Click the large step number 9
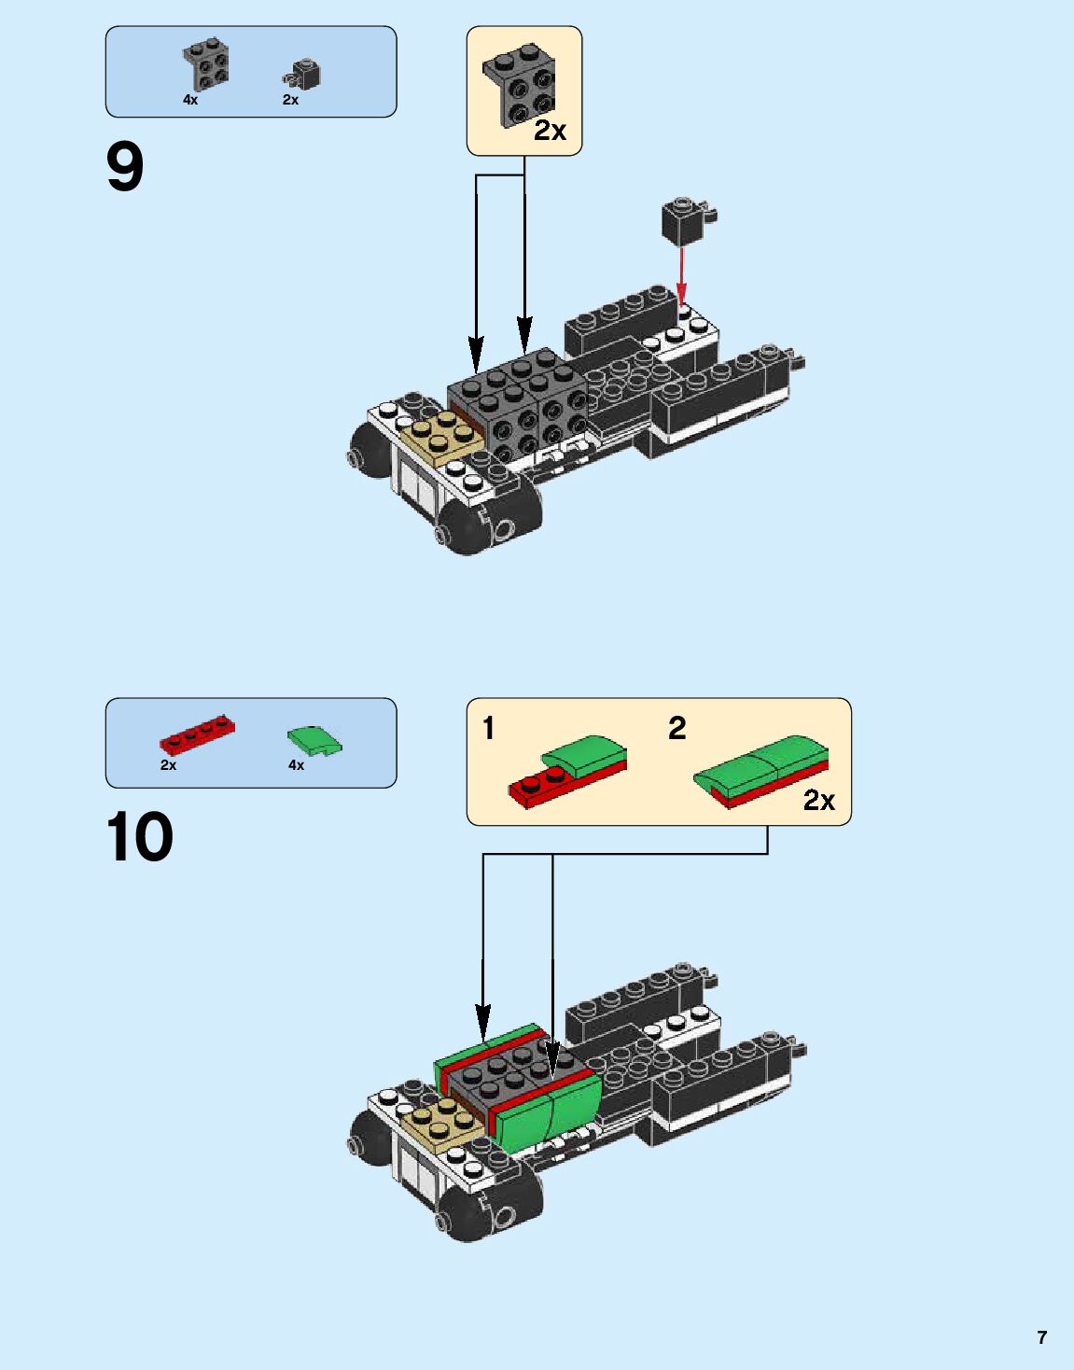[x=125, y=168]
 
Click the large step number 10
[x=139, y=837]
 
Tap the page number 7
[x=1042, y=1337]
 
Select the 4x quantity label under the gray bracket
[x=190, y=100]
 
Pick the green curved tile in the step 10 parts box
[x=314, y=741]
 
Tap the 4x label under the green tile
[x=296, y=765]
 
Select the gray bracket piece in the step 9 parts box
[x=206, y=64]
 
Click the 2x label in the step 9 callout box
[x=550, y=132]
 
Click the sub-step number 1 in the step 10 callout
[x=488, y=728]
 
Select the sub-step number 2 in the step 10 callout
[x=677, y=728]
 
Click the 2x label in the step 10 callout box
[x=818, y=801]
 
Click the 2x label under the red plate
[x=168, y=765]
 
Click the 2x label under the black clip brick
[x=290, y=100]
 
